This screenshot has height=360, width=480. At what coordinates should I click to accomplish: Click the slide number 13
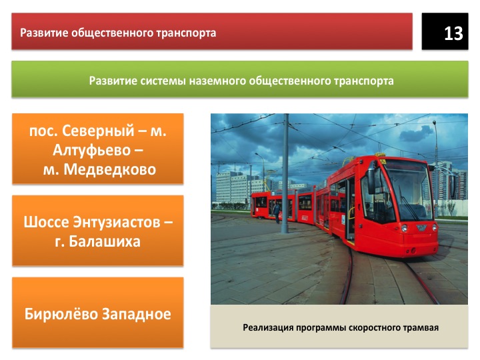click(x=453, y=33)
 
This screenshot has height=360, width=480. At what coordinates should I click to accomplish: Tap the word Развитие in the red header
click(x=45, y=33)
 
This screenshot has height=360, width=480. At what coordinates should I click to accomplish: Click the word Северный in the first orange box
click(x=98, y=131)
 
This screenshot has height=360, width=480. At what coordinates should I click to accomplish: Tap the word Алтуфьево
click(x=91, y=150)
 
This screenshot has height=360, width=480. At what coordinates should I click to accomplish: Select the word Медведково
click(x=109, y=169)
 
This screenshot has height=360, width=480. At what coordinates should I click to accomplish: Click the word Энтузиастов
click(x=116, y=222)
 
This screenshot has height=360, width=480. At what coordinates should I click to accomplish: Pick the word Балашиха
click(x=105, y=241)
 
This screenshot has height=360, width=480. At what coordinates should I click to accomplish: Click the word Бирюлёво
click(x=61, y=314)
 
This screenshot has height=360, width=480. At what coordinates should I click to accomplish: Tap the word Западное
click(x=136, y=315)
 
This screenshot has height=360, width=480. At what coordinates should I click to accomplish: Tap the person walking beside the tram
click(x=277, y=212)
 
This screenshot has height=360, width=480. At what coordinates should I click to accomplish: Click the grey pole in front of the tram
click(x=285, y=173)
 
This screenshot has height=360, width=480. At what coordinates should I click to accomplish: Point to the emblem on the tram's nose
click(x=421, y=228)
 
